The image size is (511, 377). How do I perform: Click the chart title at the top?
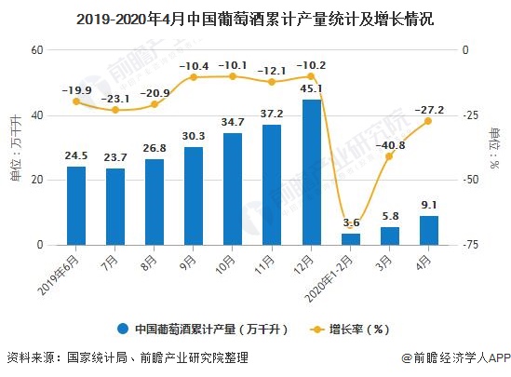coord(255,18)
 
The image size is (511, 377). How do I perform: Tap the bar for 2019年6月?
coord(76,206)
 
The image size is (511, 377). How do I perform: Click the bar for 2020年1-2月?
coord(350,239)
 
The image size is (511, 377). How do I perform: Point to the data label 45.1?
coord(312,89)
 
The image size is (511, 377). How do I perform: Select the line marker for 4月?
coord(428,121)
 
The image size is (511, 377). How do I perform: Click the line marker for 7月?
coord(115,110)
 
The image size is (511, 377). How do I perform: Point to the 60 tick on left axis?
coord(39,50)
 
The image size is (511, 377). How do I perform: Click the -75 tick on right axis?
coord(472,246)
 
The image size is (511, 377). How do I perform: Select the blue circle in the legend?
coord(123,329)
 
